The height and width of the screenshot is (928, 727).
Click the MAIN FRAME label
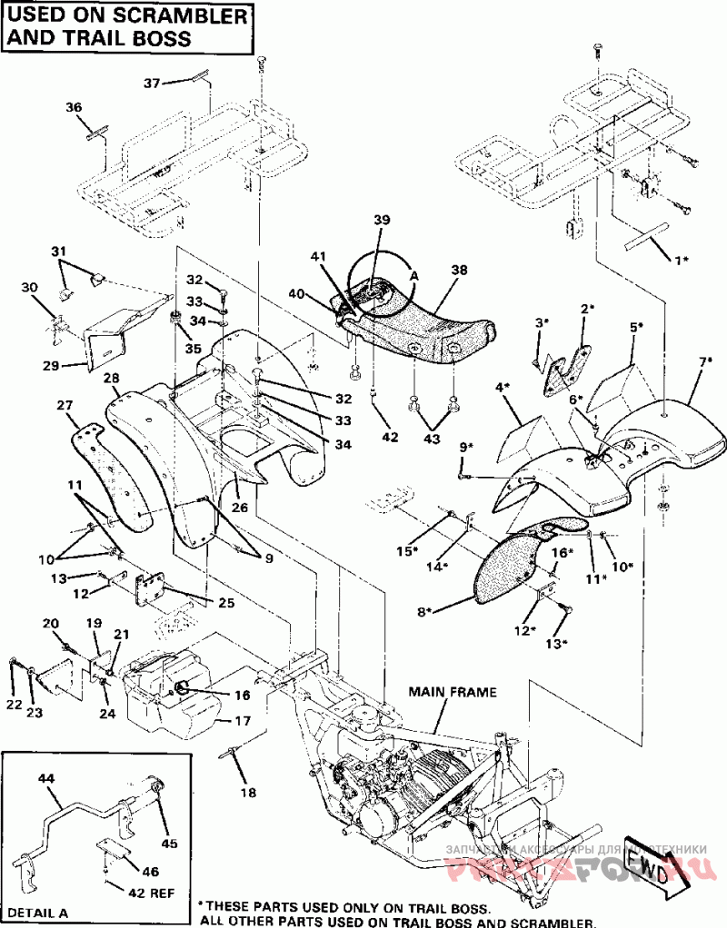point(453,692)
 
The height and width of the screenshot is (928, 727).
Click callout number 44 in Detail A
point(47,778)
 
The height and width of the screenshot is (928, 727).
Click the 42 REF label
point(151,893)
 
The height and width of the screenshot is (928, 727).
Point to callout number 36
point(74,107)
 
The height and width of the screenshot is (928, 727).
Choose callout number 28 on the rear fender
point(112,377)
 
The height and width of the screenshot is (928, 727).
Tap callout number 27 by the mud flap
point(65,405)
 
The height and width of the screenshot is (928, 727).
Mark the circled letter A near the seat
point(414,273)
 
